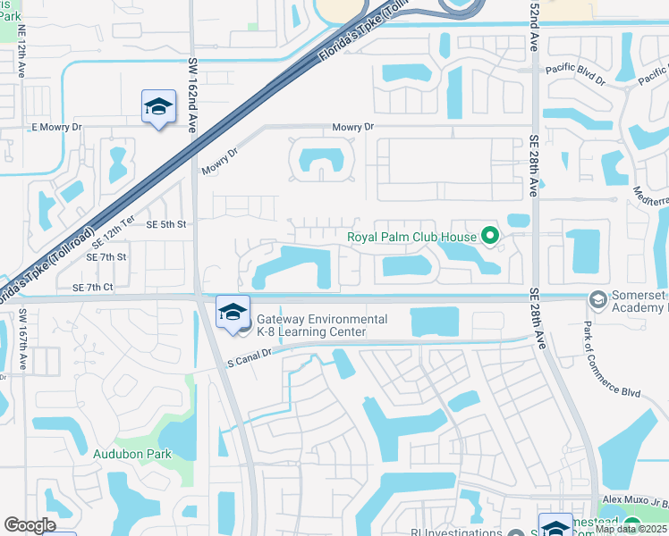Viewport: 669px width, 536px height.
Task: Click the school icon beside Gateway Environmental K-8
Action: point(233,312)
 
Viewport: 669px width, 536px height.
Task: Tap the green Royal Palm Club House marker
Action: point(489,237)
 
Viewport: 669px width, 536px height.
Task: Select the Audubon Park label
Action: point(132,454)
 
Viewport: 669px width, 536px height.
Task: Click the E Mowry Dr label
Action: point(56,128)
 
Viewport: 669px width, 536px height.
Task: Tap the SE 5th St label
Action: point(165,225)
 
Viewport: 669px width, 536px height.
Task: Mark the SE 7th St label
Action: point(106,257)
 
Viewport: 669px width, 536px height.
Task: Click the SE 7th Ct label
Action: point(93,287)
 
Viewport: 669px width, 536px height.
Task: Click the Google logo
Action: point(30,525)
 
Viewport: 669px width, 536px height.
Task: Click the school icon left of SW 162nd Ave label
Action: point(158,107)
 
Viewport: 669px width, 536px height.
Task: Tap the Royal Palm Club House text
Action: point(411,238)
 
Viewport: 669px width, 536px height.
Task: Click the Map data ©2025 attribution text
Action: point(631,529)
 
